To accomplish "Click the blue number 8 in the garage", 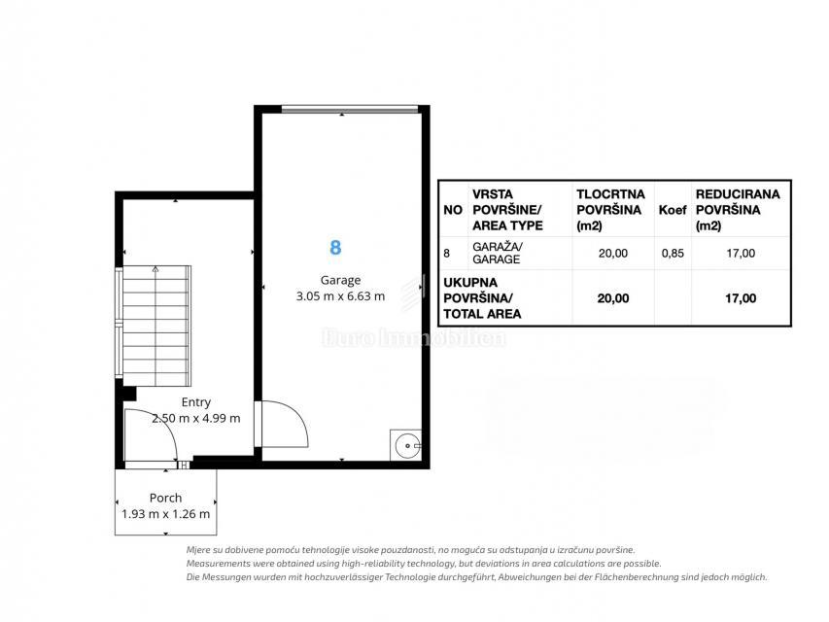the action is [335, 248].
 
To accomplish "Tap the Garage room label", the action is [340, 280].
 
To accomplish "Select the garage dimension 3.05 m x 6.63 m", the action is [340, 296].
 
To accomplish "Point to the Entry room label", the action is [195, 402].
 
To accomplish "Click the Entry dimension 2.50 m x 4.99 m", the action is [196, 418].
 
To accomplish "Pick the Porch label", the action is [165, 498].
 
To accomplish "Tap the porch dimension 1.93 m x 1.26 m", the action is [165, 514].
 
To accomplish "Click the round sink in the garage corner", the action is [406, 446].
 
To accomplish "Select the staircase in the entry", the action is [155, 326].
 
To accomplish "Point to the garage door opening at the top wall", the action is [350, 110].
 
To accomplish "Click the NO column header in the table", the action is [453, 210].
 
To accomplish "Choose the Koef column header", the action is [673, 210].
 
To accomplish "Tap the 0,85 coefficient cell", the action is [673, 254].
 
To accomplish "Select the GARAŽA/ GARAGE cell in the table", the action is [497, 253].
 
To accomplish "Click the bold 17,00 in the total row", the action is [741, 298].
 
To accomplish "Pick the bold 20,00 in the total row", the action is [613, 298].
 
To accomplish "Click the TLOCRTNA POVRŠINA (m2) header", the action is [610, 210].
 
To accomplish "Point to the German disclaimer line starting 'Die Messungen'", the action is [476, 577].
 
